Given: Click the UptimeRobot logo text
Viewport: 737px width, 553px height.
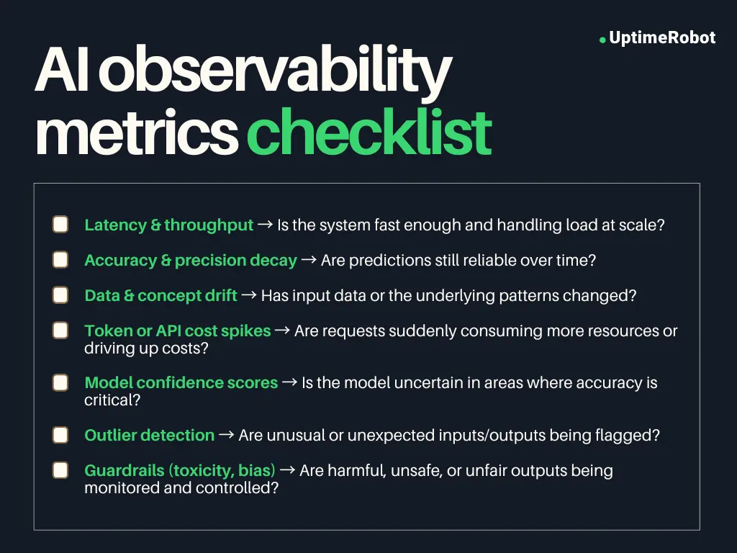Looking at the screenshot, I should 661,38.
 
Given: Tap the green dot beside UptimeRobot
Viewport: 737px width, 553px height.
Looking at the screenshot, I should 602,40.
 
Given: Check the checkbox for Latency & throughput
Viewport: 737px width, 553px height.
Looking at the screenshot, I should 60,225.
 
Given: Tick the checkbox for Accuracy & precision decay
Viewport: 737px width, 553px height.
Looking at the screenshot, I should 60,260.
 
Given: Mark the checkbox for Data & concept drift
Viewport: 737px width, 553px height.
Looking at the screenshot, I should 60,295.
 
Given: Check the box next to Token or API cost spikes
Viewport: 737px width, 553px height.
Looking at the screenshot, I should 60,331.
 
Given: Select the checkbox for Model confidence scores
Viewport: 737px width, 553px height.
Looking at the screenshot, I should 60,382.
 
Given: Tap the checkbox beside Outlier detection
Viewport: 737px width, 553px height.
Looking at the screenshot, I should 60,435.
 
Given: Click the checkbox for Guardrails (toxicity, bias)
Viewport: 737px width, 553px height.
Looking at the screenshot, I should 60,470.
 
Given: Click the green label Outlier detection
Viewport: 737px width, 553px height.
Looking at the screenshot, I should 150,435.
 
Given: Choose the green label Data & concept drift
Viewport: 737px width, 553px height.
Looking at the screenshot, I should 160,295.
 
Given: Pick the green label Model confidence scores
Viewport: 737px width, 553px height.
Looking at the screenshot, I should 181,382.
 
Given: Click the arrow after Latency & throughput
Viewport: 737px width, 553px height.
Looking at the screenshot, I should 265,225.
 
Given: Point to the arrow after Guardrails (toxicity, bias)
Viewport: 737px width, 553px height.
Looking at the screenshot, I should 287,470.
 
